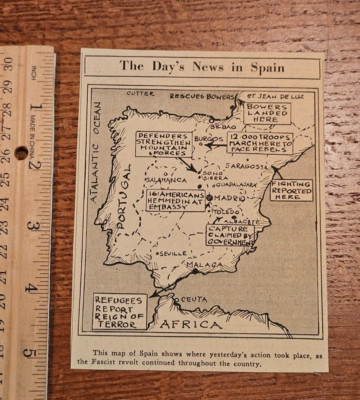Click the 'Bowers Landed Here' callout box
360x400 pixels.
[268, 110]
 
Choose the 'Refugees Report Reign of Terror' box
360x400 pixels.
[120, 310]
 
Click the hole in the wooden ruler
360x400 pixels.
[20, 153]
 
